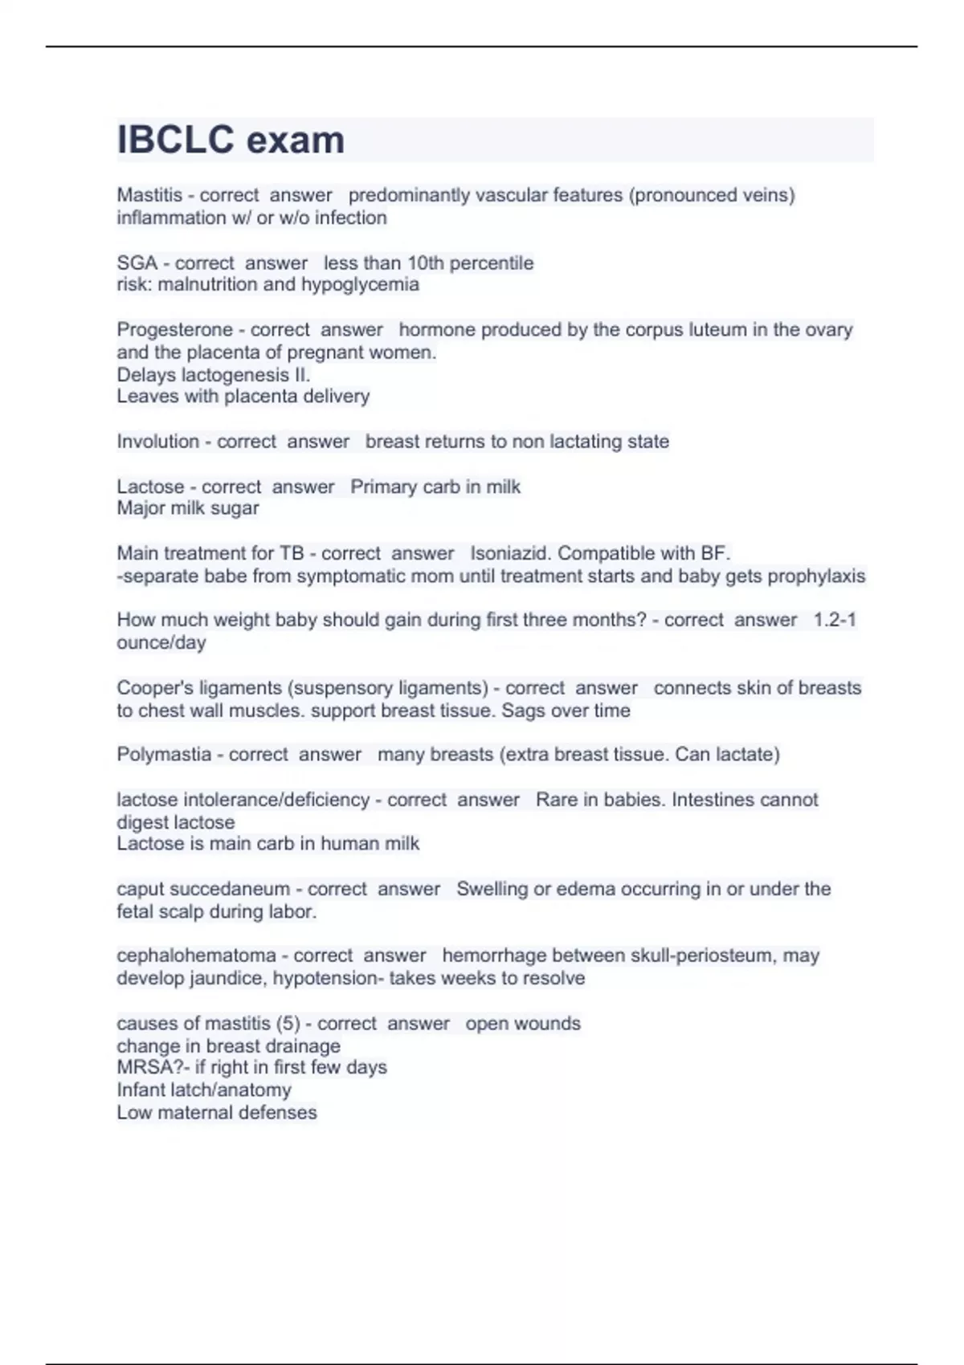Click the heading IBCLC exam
tap(231, 140)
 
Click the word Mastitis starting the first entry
tap(149, 195)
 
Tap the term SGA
tap(137, 263)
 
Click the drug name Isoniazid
tap(510, 553)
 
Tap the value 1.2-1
tap(835, 620)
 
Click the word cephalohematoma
tap(196, 955)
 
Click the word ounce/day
tap(161, 643)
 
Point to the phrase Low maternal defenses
tap(217, 1113)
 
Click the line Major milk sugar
tap(188, 508)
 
